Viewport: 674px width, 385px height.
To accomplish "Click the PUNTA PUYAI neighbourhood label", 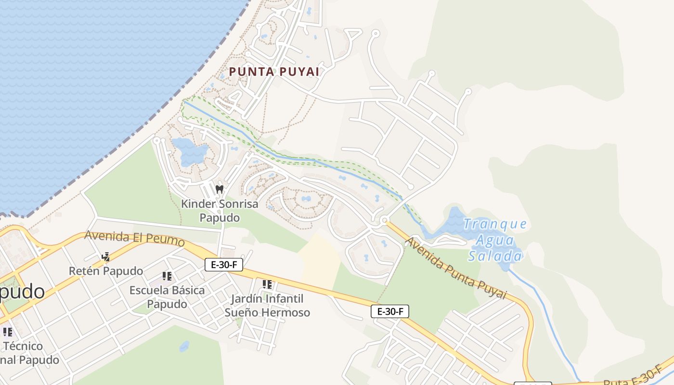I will pyautogui.click(x=274, y=72).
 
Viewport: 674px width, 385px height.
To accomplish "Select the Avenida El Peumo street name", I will pyautogui.click(x=134, y=238).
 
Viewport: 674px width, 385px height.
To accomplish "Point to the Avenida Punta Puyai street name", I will pyautogui.click(x=456, y=268).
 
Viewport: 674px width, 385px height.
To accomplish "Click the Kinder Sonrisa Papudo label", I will pyautogui.click(x=220, y=210).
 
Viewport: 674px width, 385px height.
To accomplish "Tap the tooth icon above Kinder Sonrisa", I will pyautogui.click(x=220, y=189).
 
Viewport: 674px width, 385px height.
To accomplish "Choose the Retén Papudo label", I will pyautogui.click(x=106, y=271).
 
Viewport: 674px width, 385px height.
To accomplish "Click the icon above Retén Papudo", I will pyautogui.click(x=106, y=257).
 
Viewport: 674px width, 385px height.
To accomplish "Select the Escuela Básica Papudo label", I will pyautogui.click(x=167, y=297).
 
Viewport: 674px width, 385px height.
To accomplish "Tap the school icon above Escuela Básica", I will pyautogui.click(x=167, y=276).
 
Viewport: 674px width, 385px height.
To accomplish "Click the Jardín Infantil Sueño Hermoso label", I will pyautogui.click(x=267, y=306).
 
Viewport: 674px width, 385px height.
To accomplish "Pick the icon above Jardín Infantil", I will pyautogui.click(x=267, y=284).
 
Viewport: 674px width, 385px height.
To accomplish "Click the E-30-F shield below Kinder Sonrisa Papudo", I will pyautogui.click(x=224, y=264).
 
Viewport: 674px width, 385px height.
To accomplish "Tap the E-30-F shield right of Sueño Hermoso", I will pyautogui.click(x=390, y=311).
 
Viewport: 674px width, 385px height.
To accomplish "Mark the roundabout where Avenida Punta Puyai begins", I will pyautogui.click(x=384, y=220).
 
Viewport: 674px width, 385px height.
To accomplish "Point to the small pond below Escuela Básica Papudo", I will pyautogui.click(x=184, y=346).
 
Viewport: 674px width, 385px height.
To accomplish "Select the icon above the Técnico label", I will pyautogui.click(x=8, y=332).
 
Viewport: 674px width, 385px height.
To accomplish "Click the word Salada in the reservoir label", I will pyautogui.click(x=495, y=256).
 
